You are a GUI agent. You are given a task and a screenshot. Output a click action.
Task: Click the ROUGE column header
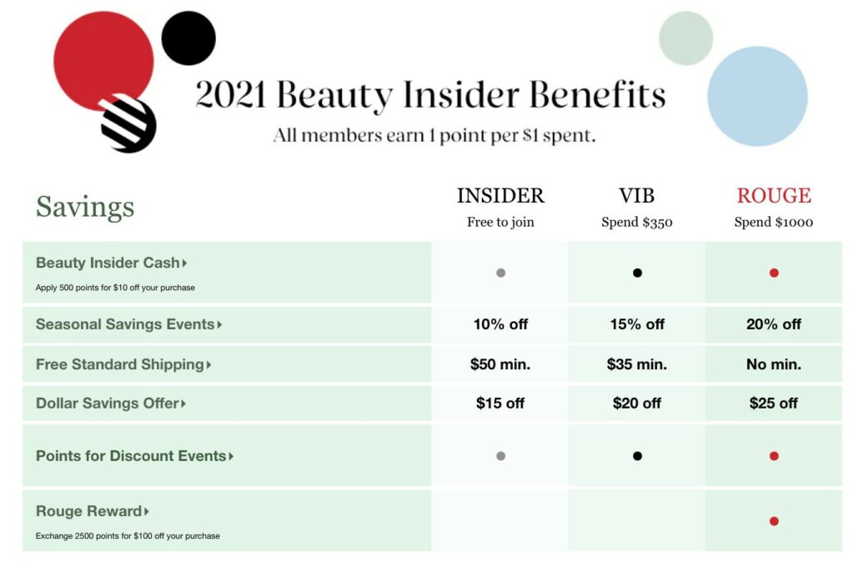(773, 196)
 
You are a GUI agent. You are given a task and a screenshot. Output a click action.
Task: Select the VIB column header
(636, 196)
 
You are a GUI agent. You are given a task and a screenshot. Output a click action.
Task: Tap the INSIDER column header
(500, 196)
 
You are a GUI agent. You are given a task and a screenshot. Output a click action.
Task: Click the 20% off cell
(773, 324)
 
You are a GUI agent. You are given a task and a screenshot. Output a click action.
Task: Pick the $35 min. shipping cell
(636, 364)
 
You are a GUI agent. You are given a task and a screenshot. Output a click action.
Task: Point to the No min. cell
(773, 364)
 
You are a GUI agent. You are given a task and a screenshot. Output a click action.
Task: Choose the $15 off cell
(500, 403)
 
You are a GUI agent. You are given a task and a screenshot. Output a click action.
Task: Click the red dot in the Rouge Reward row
(774, 521)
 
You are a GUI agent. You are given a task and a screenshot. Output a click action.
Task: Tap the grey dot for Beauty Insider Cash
(500, 273)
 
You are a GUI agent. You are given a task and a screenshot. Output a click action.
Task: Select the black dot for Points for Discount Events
(637, 456)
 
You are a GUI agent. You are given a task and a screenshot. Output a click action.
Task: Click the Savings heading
(85, 207)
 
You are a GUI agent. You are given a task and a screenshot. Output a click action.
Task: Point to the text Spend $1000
(773, 223)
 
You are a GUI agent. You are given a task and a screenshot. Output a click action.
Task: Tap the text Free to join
(500, 223)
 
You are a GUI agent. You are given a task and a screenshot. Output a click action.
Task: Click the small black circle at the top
(188, 38)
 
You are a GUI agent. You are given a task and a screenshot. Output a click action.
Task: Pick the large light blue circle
(757, 96)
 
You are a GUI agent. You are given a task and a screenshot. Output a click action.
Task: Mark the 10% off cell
(500, 324)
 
